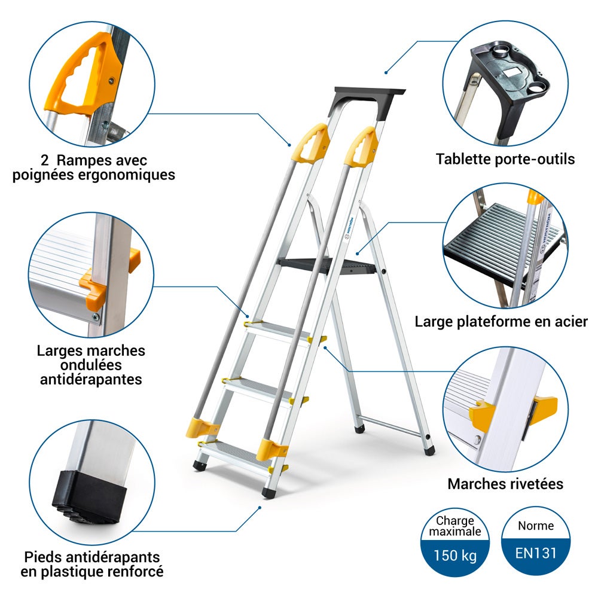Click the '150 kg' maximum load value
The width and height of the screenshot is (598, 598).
click(455, 556)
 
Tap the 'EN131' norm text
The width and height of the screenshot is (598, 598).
click(535, 553)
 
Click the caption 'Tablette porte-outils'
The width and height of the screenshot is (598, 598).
click(505, 159)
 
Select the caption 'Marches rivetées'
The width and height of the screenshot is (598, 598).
click(505, 484)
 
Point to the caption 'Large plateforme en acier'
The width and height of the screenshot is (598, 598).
click(501, 322)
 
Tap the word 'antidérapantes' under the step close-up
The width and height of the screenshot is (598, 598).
click(91, 380)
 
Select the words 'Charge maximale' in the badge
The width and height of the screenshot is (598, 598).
click(455, 526)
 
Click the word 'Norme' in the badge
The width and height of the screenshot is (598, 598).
click(535, 526)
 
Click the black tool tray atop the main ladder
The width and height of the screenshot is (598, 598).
click(367, 101)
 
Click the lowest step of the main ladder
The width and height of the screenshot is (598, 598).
click(239, 454)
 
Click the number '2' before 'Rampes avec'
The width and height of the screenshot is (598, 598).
click(45, 160)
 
